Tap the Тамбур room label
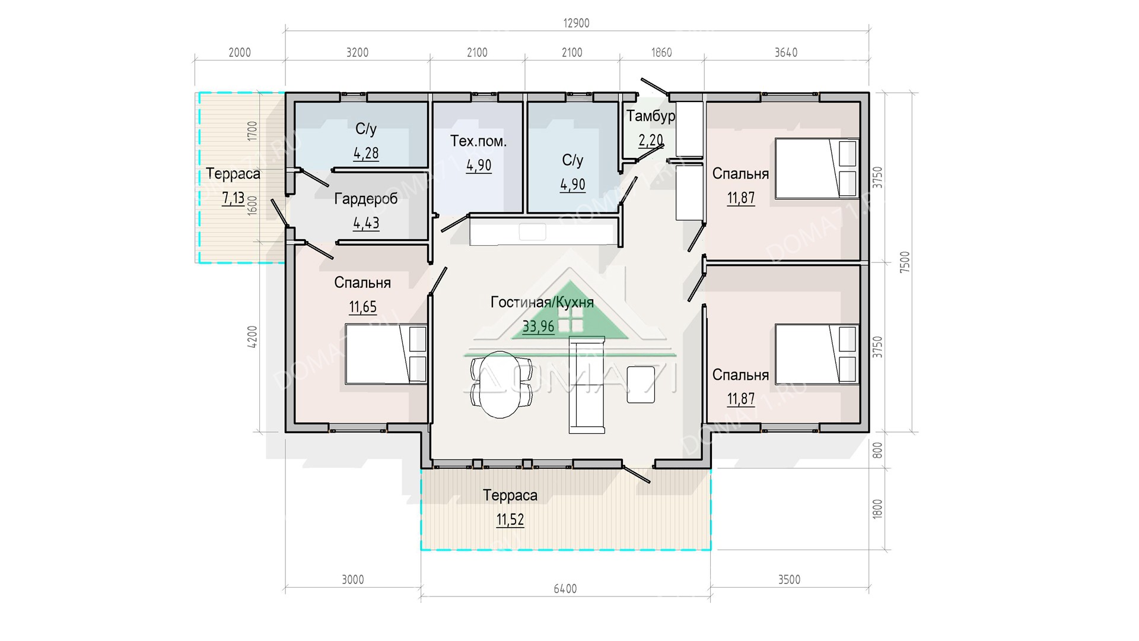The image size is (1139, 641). point(651,116)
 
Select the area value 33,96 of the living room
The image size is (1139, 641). point(538,326)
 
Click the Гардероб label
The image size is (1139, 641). point(365,199)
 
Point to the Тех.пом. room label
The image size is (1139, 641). point(479,141)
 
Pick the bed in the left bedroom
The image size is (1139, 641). point(386,354)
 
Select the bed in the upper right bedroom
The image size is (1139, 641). point(817,169)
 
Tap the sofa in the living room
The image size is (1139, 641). point(587,384)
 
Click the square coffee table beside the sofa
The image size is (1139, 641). point(641,385)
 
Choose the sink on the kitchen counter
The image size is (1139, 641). point(532,231)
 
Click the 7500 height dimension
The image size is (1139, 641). point(904,262)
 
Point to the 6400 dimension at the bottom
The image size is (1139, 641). point(565,589)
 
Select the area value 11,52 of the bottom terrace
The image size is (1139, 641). point(510,520)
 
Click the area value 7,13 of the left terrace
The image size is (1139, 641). point(233,198)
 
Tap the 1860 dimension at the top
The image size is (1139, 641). point(661,52)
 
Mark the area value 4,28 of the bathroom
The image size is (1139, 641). point(366,153)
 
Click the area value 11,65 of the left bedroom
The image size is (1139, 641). point(362,307)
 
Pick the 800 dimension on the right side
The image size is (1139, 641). point(878,450)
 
